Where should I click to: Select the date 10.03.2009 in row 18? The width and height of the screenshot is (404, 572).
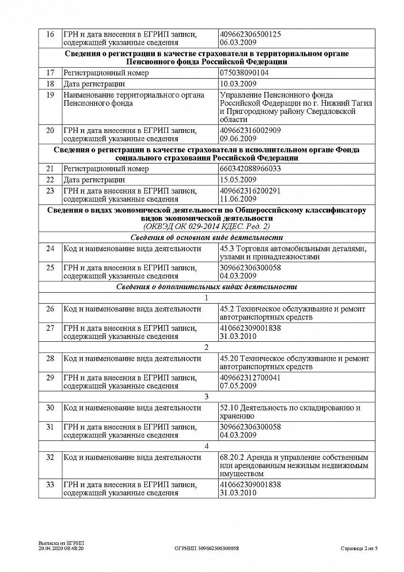click(238, 84)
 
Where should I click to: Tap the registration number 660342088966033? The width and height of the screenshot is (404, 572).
click(250, 169)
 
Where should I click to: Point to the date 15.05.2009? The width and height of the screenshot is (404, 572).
click(238, 180)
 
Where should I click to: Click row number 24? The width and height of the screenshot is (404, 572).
click(50, 249)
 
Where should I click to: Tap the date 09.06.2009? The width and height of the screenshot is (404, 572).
click(238, 139)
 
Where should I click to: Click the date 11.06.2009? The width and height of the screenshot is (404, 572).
click(238, 199)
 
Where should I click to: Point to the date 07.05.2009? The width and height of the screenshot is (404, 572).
click(238, 386)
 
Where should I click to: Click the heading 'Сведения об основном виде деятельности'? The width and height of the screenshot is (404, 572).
click(206, 237)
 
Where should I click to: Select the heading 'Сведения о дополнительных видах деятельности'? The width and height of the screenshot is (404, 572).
click(206, 287)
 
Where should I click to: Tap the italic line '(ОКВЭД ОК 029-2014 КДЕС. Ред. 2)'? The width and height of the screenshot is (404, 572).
click(206, 226)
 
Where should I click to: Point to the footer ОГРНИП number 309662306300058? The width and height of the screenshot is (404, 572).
click(207, 549)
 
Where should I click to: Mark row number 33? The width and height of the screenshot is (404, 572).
click(50, 485)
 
